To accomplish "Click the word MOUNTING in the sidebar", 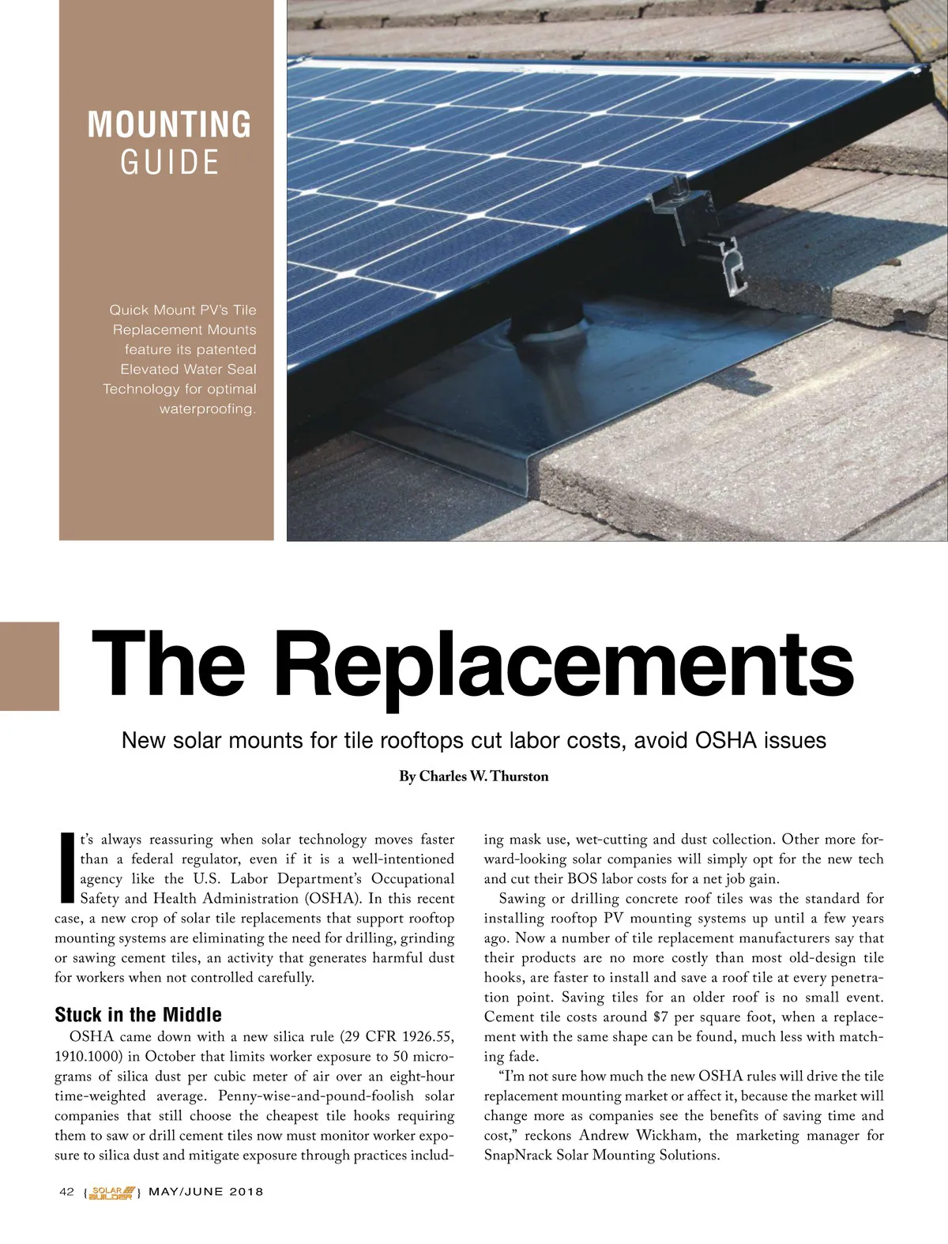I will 169,125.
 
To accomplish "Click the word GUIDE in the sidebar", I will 169,163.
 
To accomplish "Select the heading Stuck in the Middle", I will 138,1015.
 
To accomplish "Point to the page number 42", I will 67,1192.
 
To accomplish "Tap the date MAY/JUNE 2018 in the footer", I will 206,1192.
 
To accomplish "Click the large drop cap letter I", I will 66,867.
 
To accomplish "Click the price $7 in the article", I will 660,1017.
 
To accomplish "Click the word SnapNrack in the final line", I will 518,1156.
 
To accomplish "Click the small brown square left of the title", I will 29,665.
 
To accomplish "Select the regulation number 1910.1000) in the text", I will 88,1057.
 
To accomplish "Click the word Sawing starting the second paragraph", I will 524,899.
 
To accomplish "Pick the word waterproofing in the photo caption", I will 208,409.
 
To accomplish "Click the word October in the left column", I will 172,1057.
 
